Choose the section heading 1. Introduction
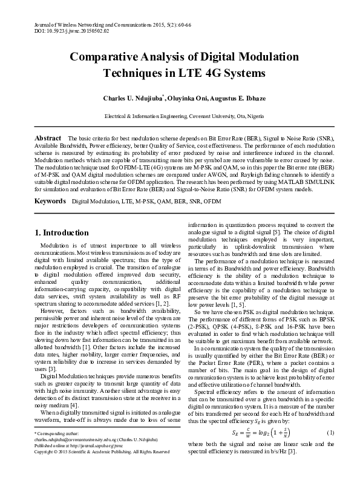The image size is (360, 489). click(x=62, y=233)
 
